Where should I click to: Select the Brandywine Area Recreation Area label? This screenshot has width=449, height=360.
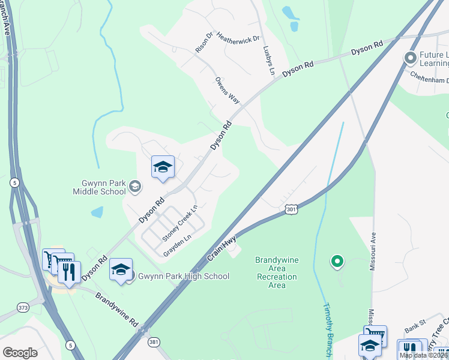[x=277, y=272]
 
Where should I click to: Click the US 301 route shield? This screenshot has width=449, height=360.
[x=291, y=208]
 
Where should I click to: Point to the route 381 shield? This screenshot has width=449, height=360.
[x=154, y=341]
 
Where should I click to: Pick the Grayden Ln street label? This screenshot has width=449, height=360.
[x=177, y=245]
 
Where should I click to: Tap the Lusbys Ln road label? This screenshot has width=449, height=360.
[x=268, y=61]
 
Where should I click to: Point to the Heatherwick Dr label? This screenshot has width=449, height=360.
[x=238, y=37]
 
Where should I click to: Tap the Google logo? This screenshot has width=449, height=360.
[x=20, y=352]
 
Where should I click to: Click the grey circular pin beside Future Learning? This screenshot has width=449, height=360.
[x=411, y=58]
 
